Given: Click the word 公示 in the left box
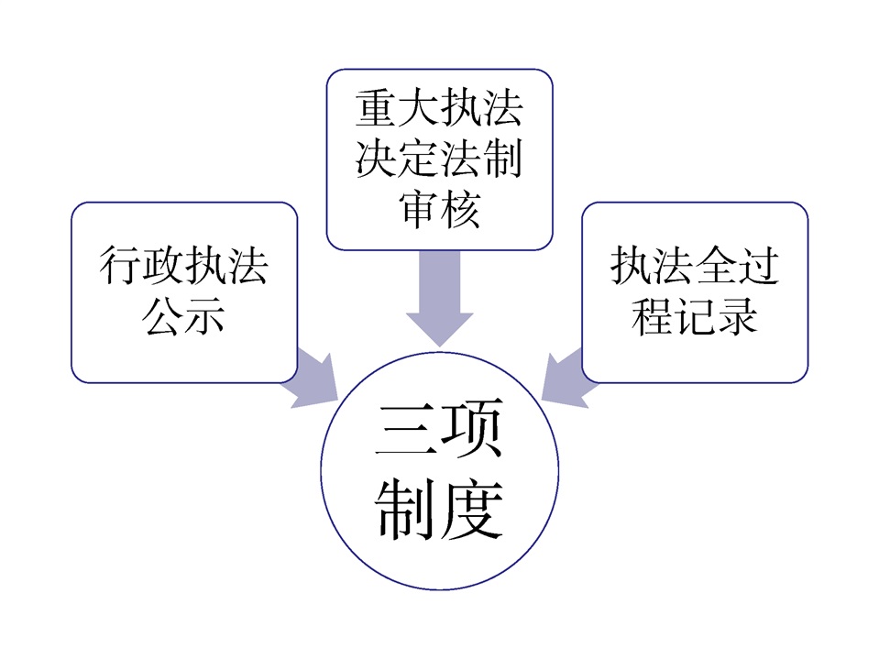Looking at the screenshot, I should [183, 316].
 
